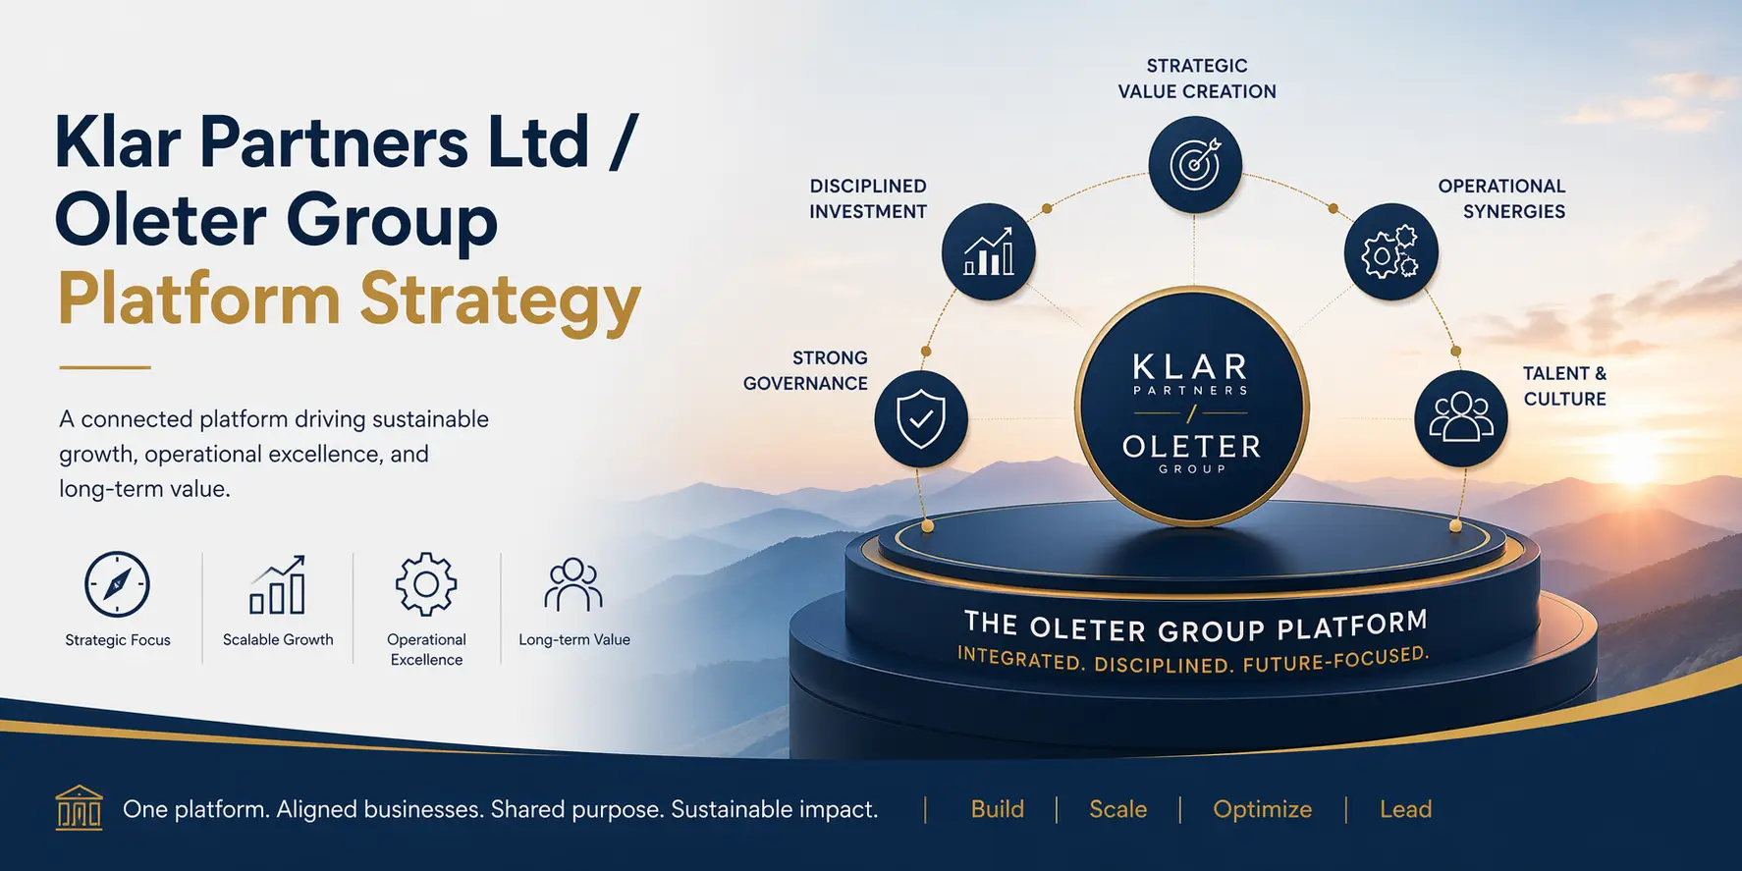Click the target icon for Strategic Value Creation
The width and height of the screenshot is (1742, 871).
(1195, 164)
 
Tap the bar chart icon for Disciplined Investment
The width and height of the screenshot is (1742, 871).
(988, 252)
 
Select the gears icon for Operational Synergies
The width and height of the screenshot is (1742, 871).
(1390, 252)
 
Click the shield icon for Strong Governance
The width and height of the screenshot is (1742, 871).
(921, 419)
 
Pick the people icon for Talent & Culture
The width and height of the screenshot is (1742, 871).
(1461, 419)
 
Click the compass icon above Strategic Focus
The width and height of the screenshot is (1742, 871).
(117, 584)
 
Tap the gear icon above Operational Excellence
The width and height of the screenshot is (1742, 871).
(426, 584)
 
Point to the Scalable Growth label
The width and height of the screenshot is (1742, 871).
(278, 640)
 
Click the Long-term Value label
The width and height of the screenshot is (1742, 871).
(574, 640)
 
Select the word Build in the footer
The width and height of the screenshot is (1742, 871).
(997, 809)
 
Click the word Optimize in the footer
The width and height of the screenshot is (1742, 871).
(1262, 809)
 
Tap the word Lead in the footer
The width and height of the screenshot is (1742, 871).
(1405, 809)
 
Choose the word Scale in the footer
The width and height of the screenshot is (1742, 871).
(1117, 809)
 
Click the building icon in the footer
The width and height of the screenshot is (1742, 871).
(79, 808)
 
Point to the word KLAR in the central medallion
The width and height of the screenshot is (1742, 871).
(1190, 368)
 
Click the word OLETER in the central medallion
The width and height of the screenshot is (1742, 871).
(1191, 447)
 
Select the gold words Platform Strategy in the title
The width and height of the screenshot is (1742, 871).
(349, 299)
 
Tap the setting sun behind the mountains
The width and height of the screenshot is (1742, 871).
(1633, 462)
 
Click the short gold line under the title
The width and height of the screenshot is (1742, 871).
(105, 367)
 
